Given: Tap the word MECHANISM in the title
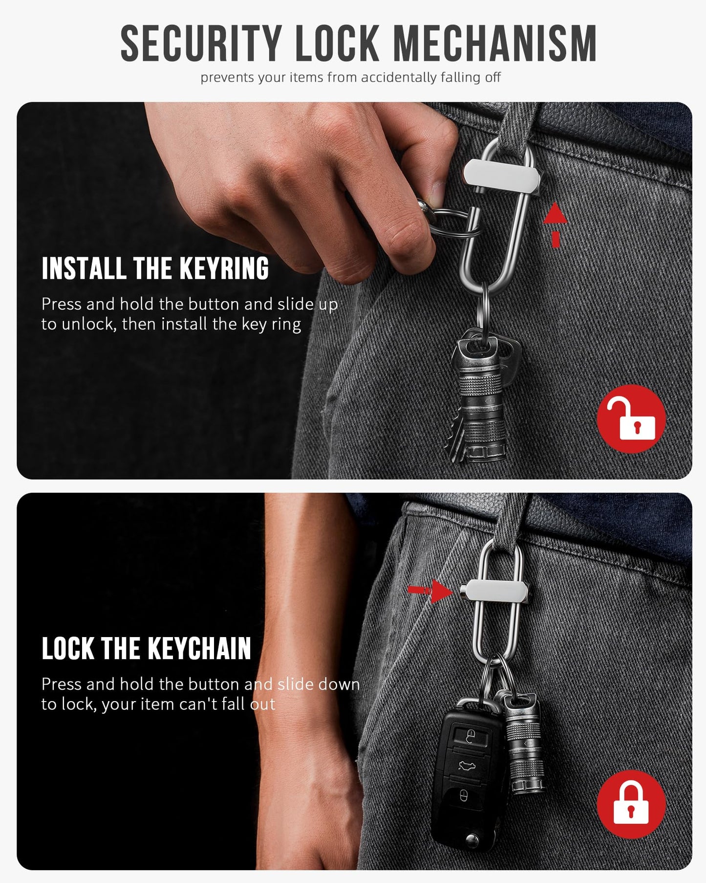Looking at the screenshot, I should (x=494, y=44).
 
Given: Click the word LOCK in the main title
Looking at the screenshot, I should (x=337, y=44).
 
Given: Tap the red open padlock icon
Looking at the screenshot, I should (x=631, y=419).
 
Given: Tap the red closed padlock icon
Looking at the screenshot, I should (x=631, y=804).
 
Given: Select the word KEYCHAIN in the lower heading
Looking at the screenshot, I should (x=199, y=648).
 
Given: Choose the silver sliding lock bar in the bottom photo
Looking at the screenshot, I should (x=497, y=591).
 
